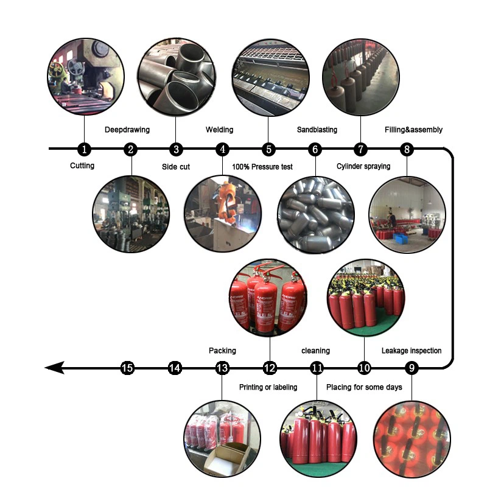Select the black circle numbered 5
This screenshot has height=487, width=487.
(x=268, y=149)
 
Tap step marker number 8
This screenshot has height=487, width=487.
(x=407, y=149)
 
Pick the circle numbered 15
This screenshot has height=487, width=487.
(x=127, y=368)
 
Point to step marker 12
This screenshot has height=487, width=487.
(x=270, y=368)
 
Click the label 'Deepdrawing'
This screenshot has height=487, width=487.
(x=127, y=130)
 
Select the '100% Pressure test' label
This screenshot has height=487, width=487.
(x=262, y=166)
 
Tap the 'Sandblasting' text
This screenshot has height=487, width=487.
(x=317, y=130)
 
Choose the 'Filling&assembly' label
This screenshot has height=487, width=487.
(x=413, y=130)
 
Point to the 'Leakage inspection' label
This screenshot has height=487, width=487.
(x=412, y=351)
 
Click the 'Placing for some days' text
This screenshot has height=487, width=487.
(x=364, y=387)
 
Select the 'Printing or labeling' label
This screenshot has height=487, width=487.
(x=268, y=387)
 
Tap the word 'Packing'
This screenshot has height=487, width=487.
(x=222, y=351)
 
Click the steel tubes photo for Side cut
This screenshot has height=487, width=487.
(x=176, y=75)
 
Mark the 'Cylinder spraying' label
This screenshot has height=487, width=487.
(x=363, y=166)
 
